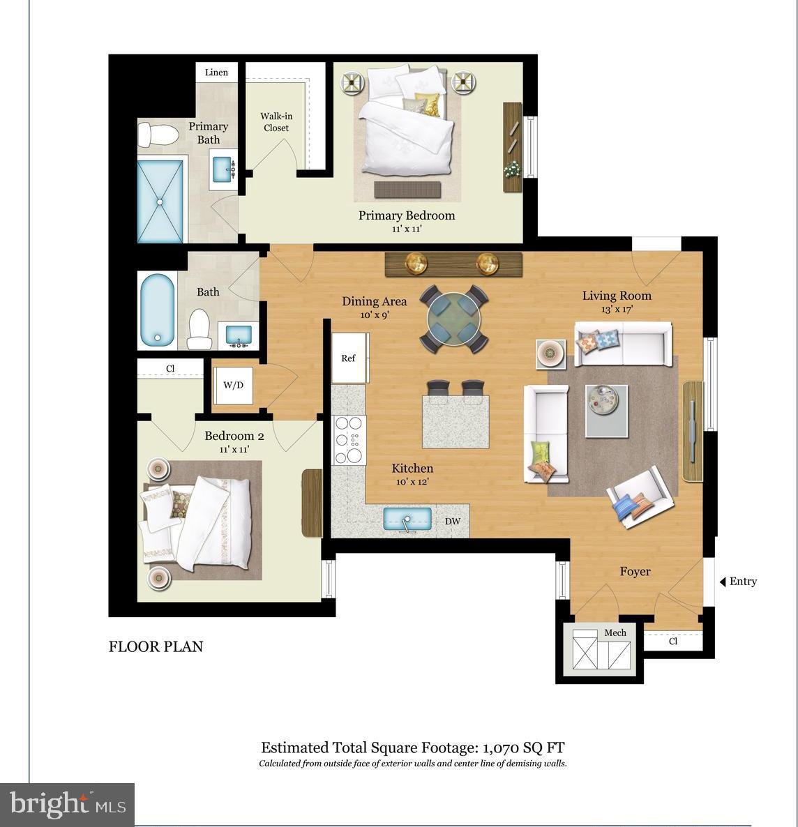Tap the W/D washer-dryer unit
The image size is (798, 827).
[233, 385]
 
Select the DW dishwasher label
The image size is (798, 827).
[452, 521]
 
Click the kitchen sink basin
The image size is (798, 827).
[407, 519]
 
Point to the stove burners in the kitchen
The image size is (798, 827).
[349, 440]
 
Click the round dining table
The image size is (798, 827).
[453, 319]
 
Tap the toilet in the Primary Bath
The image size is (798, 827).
[158, 135]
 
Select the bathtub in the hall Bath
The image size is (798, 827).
[157, 310]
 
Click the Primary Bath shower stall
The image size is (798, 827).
[160, 201]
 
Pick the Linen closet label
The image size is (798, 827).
[216, 73]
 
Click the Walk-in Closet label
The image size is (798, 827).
[276, 122]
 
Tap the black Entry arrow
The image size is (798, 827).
[723, 582]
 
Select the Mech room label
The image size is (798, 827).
[615, 632]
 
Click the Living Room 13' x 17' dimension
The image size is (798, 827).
[617, 309]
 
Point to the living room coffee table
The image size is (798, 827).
[606, 411]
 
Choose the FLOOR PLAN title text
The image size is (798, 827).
[156, 646]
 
